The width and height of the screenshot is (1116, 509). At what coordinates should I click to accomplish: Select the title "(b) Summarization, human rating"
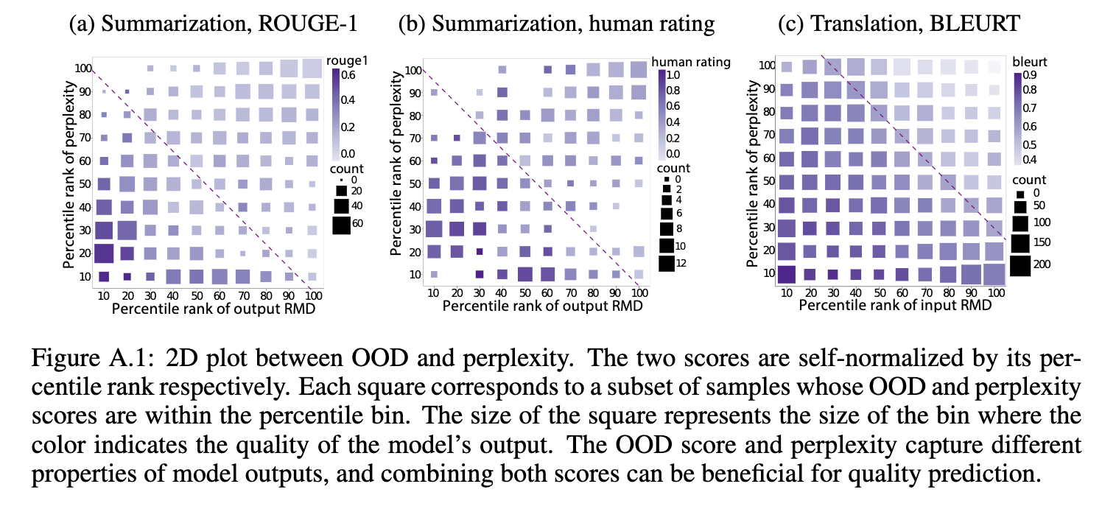(555, 24)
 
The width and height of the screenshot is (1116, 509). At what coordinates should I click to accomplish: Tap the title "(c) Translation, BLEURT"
(898, 24)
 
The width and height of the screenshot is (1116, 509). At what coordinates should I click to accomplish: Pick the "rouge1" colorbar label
(347, 61)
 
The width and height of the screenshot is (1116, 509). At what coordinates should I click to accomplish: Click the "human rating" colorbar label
(691, 62)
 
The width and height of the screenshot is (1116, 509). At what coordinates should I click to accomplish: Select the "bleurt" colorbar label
(1030, 61)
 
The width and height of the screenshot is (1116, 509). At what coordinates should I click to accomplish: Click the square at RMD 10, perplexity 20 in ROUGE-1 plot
(104, 253)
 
